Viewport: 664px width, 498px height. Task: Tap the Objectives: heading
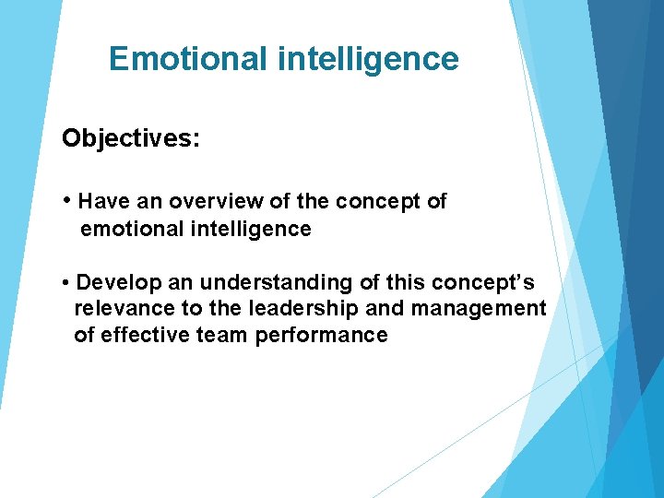pyautogui.click(x=131, y=138)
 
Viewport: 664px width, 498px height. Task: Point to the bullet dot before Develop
pyautogui.click(x=67, y=282)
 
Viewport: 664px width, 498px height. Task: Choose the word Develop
pyautogui.click(x=115, y=281)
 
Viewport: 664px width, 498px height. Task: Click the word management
pyautogui.click(x=479, y=308)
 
